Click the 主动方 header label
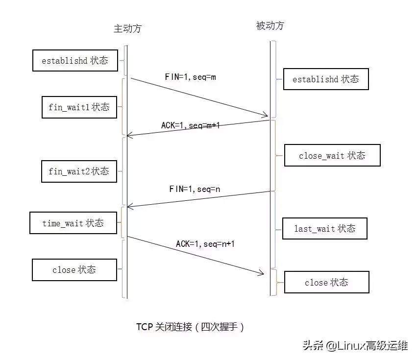click(127, 28)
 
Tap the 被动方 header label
click(270, 26)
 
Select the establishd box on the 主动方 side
click(75, 61)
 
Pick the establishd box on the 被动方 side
click(325, 79)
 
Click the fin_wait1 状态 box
click(79, 107)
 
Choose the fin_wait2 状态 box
click(79, 171)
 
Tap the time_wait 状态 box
click(74, 223)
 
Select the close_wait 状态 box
click(332, 156)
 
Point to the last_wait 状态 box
click(324, 228)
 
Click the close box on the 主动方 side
click(74, 270)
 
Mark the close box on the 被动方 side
click(326, 283)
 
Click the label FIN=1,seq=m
click(190, 77)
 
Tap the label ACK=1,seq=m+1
click(190, 125)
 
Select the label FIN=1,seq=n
click(195, 189)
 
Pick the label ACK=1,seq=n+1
click(206, 243)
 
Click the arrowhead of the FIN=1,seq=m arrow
click(266, 116)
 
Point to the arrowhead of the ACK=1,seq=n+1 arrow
click(261, 273)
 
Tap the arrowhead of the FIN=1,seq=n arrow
click(129, 207)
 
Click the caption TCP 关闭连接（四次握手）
click(190, 327)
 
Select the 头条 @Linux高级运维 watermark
click(355, 345)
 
